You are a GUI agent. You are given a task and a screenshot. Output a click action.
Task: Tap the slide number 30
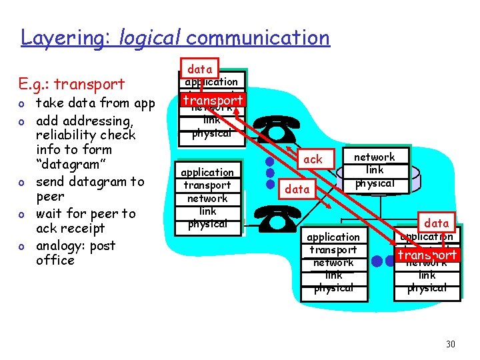point(450,344)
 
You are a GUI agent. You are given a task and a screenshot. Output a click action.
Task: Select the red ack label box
point(313,159)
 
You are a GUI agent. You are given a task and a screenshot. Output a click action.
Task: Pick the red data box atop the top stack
point(200,69)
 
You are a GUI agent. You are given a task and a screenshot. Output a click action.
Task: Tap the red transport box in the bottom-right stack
point(427,255)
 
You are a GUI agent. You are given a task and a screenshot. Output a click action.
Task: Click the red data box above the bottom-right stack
point(437,223)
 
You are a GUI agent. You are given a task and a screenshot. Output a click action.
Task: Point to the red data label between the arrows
point(297,189)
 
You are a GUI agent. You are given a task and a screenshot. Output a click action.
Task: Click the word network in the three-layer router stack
point(374,157)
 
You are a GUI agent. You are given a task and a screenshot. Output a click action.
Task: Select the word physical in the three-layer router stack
point(374,183)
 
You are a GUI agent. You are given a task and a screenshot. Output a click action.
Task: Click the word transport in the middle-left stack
point(207,185)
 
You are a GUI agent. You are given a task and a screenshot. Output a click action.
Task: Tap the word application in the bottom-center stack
point(333,237)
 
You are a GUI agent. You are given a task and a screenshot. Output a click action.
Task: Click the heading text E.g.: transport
point(71,85)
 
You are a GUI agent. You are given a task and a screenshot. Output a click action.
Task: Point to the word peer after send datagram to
point(50,197)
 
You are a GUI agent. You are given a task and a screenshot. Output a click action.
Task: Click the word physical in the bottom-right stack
point(427,288)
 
